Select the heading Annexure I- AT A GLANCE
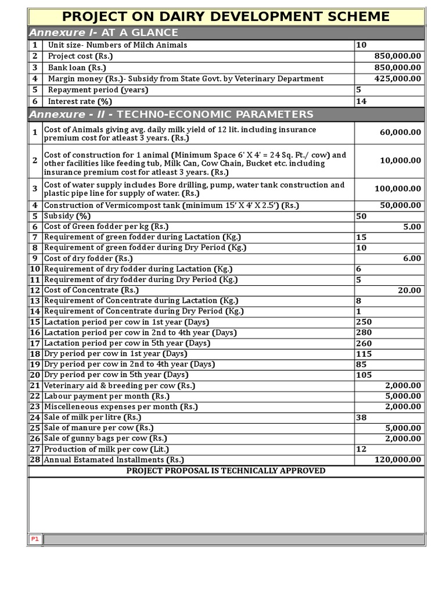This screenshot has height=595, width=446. click(x=103, y=33)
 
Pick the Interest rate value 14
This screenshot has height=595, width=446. click(x=361, y=101)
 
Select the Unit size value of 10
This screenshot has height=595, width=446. click(x=361, y=45)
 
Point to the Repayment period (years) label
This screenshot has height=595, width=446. click(x=98, y=90)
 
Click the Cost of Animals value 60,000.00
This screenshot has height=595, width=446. click(x=400, y=132)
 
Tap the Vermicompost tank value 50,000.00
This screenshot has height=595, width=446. click(x=400, y=206)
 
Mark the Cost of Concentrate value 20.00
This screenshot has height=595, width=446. click(x=409, y=290)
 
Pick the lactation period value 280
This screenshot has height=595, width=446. click(x=364, y=332)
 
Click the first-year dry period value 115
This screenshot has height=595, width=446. click(x=364, y=354)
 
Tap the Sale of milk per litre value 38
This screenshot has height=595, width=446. click(x=361, y=417)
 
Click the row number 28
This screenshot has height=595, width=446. click(x=35, y=460)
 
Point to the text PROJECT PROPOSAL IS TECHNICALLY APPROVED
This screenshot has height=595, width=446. click(x=226, y=471)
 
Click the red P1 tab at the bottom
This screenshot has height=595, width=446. click(x=35, y=539)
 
